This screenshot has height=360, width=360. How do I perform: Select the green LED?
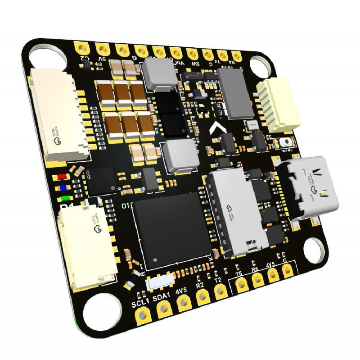click(x=66, y=198)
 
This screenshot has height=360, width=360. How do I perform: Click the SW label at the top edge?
click(x=195, y=65)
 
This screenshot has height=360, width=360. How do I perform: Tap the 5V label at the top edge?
click(x=102, y=59)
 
